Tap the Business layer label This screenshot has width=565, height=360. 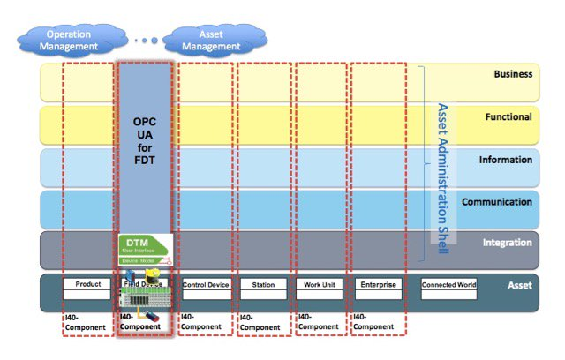click(513, 74)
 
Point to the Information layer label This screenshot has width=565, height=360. click(506, 160)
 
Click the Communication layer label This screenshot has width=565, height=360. click(499, 202)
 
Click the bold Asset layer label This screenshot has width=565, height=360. click(521, 285)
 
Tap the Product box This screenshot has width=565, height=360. click(87, 284)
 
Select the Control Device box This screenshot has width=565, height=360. click(205, 285)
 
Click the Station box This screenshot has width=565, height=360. click(263, 285)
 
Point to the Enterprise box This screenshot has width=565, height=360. click(379, 284)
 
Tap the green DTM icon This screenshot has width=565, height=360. click(144, 249)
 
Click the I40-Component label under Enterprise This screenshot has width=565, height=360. click(375, 322)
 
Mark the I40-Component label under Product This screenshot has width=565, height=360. click(85, 322)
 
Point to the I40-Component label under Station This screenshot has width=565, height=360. click(260, 323)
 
